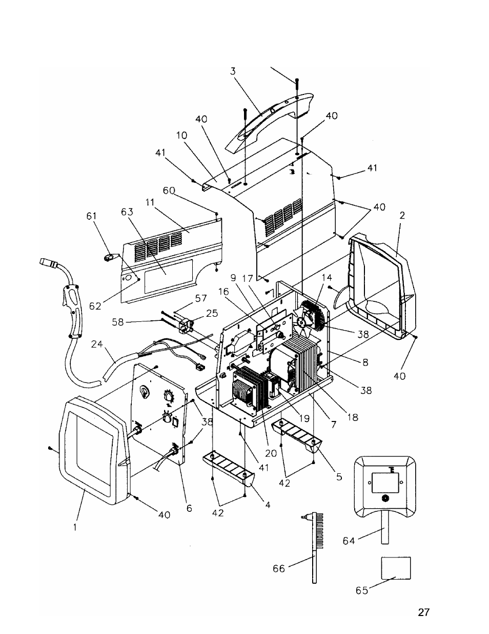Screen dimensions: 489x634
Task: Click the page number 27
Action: [423, 612]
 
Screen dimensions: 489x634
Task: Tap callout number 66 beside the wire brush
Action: [279, 568]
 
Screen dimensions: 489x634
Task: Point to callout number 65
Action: [362, 590]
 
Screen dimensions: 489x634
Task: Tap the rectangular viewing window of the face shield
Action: [385, 483]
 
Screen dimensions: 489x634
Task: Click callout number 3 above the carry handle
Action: [233, 71]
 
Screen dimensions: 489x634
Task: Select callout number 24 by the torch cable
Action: [97, 344]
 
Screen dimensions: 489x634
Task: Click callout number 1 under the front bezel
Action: [75, 527]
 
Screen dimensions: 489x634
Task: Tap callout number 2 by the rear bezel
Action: [402, 216]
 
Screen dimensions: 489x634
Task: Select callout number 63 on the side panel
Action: [127, 212]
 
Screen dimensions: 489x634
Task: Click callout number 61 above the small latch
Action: [91, 216]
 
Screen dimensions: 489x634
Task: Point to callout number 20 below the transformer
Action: [271, 453]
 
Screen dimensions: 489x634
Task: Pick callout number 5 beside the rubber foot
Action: [339, 477]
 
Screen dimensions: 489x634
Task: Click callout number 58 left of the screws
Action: [118, 322]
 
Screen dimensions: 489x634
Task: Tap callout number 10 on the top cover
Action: [181, 136]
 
